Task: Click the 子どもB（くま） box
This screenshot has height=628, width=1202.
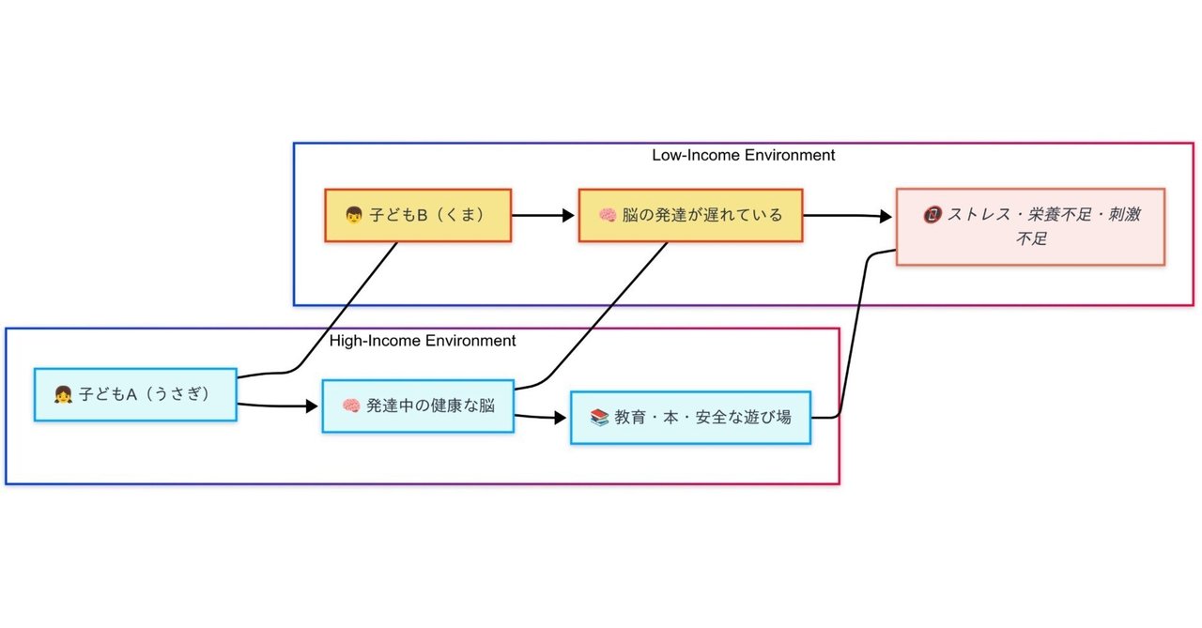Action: coord(418,216)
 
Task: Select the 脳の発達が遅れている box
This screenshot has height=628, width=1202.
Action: coord(690,216)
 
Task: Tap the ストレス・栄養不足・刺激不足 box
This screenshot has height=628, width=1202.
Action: coord(1030,227)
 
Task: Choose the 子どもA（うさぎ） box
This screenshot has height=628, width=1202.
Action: coord(135,395)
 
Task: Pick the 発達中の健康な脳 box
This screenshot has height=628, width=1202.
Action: coord(418,406)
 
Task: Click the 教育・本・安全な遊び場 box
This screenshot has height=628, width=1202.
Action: coord(690,417)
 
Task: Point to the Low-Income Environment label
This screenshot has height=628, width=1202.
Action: coord(743,155)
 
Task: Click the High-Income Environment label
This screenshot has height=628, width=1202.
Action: coord(423,340)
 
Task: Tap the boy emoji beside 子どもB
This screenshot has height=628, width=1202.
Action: coord(354,216)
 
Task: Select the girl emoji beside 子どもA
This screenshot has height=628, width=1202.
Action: coord(63,395)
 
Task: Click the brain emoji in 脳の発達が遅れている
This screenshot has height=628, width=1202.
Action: coord(608,216)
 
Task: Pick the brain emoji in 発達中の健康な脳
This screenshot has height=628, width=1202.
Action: coord(351,406)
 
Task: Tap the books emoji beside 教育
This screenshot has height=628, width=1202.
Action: coord(600,417)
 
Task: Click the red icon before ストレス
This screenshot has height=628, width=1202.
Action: coord(932,215)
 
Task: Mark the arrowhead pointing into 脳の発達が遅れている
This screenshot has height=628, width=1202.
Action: coord(568,216)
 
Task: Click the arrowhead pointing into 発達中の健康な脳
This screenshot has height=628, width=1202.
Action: coord(313,407)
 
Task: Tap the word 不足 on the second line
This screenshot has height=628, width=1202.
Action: coord(1030,239)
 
